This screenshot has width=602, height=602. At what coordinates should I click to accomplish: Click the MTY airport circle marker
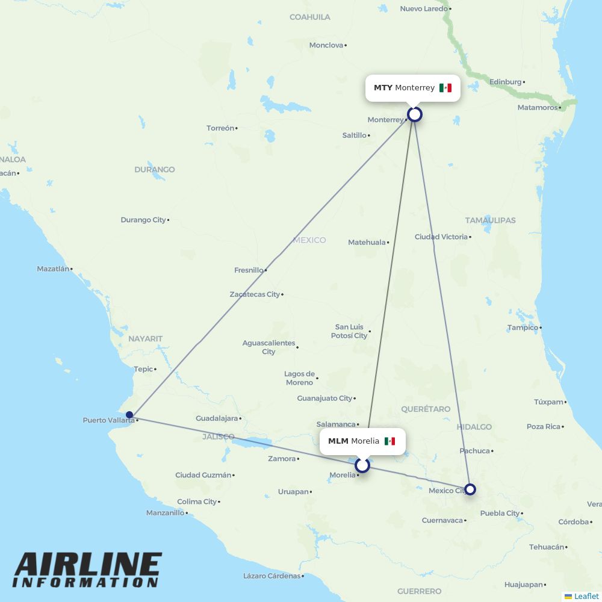[x=415, y=114]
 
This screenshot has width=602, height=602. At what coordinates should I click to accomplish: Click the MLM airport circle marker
[x=362, y=465]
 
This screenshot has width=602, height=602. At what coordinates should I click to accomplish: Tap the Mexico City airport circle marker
[x=470, y=489]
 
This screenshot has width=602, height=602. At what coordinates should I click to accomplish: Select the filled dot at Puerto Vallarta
[x=129, y=415]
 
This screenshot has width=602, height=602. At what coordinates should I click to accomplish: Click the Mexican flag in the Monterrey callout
[x=445, y=88]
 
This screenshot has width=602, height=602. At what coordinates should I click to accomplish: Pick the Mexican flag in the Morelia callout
[x=390, y=441]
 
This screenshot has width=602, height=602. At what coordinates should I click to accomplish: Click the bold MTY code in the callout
[x=383, y=88]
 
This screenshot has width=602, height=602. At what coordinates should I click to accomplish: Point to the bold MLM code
[x=338, y=441]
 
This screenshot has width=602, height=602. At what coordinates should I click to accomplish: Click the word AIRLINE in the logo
[x=88, y=565]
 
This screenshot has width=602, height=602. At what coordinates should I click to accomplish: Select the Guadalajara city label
[x=217, y=418]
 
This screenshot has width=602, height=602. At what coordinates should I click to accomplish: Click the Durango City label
[x=143, y=220]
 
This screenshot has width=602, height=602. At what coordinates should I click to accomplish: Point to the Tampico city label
[x=523, y=327]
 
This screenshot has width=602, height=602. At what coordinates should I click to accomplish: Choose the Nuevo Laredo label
[x=424, y=8]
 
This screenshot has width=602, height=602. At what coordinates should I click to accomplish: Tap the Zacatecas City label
[x=255, y=294]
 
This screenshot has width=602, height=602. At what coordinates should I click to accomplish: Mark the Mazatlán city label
[x=53, y=269]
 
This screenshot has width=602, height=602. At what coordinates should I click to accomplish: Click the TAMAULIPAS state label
[x=490, y=220]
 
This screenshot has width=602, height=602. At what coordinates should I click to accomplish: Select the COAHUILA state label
[x=309, y=17]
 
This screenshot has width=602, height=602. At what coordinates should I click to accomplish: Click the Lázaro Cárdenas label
[x=272, y=576]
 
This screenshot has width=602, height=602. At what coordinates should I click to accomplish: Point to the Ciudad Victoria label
[x=441, y=237]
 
